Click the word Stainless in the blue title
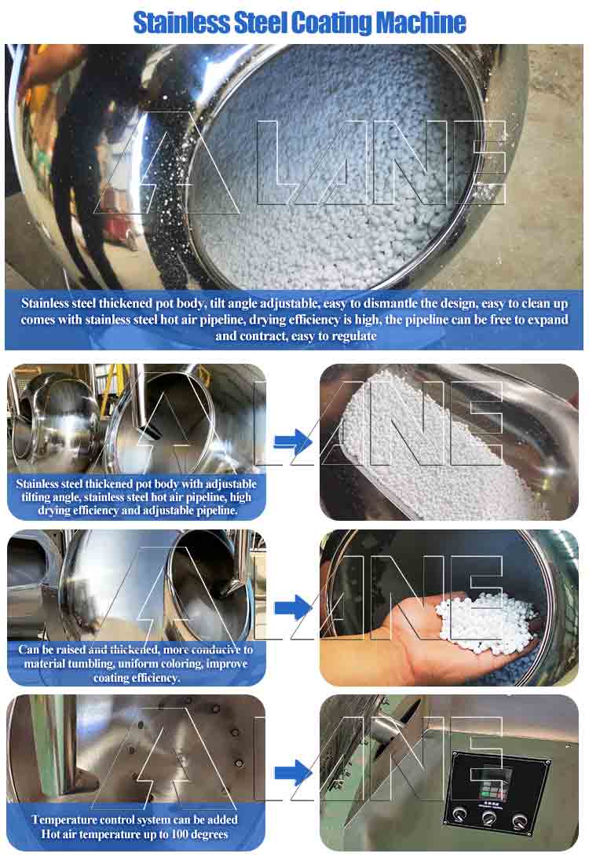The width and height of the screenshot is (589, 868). point(182,24)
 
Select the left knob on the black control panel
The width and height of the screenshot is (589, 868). point(459,814)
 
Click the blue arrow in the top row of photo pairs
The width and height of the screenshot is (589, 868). point(294,441)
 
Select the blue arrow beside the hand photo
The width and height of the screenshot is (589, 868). point(294,607)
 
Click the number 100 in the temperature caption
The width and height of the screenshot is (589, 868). point(181,834)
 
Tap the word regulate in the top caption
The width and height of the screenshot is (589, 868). point(353,336)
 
